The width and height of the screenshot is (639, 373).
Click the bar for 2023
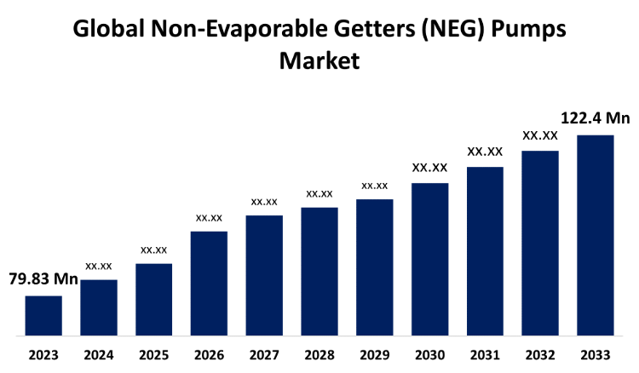pyautogui.click(x=43, y=315)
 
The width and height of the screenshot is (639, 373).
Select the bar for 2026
pyautogui.click(x=209, y=283)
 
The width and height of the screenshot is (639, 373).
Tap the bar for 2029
pyautogui.click(x=374, y=267)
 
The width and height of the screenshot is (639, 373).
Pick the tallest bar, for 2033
pyautogui.click(x=595, y=235)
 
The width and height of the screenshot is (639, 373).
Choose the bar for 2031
pyautogui.click(x=485, y=251)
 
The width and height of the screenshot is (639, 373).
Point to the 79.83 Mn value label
pyautogui.click(x=43, y=278)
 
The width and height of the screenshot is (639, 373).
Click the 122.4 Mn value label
pyautogui.click(x=595, y=118)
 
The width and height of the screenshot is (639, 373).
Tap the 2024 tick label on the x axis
pyautogui.click(x=99, y=355)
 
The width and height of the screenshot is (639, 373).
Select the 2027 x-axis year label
pyautogui.click(x=264, y=355)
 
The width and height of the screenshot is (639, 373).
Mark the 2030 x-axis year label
pyautogui.click(x=429, y=355)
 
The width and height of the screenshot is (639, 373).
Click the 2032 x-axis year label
pyautogui.click(x=540, y=355)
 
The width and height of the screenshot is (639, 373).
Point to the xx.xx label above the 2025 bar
pyautogui.click(x=154, y=250)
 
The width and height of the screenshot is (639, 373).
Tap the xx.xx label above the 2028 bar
pyautogui.click(x=319, y=193)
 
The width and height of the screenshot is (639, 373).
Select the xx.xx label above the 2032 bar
pyautogui.click(x=540, y=135)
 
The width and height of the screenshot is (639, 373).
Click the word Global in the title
pyautogui.click(x=110, y=30)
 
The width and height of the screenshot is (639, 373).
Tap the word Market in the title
pyautogui.click(x=319, y=61)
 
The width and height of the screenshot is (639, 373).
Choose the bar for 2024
pyautogui.click(x=99, y=307)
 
